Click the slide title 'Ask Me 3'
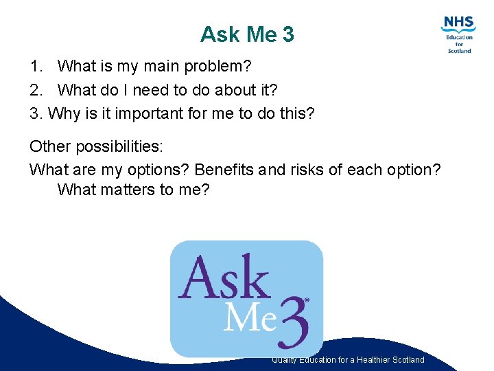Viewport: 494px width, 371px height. pyautogui.click(x=247, y=34)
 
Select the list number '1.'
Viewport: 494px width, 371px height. pyautogui.click(x=37, y=67)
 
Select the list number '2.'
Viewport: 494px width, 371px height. pyautogui.click(x=37, y=90)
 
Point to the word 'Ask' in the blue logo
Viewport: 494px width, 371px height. pyautogui.click(x=224, y=278)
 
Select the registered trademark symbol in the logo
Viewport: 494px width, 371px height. pyautogui.click(x=307, y=300)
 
